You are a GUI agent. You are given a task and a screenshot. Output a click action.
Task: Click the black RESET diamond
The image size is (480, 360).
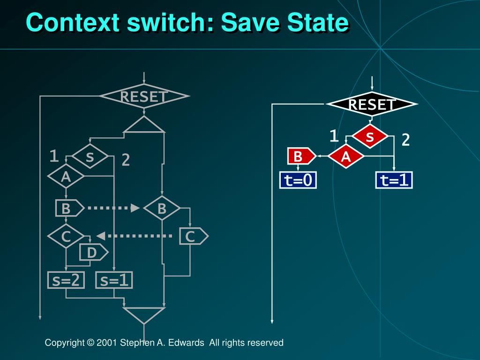[x=372, y=105]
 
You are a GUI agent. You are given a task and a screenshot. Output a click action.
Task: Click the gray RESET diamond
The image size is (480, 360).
[x=144, y=97]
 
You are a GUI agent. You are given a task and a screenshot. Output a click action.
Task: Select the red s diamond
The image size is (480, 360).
[x=370, y=137]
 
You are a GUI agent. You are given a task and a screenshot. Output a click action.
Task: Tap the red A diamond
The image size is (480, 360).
[x=346, y=157]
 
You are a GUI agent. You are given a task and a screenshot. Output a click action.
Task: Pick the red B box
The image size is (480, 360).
[x=300, y=157]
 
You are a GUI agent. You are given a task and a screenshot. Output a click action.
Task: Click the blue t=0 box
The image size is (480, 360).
[x=298, y=180]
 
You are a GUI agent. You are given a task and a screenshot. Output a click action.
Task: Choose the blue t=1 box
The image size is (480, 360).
[x=394, y=180]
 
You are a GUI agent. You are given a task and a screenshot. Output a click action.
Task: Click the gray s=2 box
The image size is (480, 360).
[x=66, y=280]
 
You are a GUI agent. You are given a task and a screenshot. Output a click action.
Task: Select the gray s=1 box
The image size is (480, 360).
[x=114, y=280]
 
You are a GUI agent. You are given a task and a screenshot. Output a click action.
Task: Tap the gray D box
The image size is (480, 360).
[x=91, y=253]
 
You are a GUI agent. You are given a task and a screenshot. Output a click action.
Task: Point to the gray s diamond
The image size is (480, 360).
[x=90, y=157]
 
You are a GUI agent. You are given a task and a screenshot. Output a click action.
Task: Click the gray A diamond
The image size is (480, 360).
[x=66, y=177]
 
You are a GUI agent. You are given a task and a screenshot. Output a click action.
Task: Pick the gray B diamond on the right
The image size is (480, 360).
[x=162, y=209]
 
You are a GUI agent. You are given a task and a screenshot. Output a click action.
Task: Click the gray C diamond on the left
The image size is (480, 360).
[x=66, y=237]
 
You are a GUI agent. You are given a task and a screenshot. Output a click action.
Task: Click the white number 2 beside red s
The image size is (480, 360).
[x=405, y=140]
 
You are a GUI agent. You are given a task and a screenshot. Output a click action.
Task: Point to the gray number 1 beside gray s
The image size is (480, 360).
[x=54, y=156]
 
